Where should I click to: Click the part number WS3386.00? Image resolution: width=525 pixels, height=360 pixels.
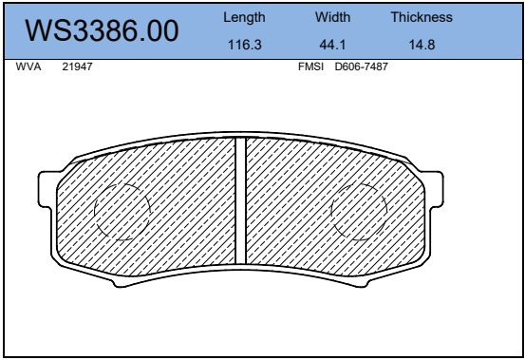click(102, 30)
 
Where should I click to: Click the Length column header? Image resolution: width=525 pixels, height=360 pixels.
click(244, 17)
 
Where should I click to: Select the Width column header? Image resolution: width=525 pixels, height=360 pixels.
click(332, 17)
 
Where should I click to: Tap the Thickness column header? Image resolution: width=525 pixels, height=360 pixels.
click(422, 17)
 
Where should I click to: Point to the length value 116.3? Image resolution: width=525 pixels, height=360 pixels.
click(244, 45)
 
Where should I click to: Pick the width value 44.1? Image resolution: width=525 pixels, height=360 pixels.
click(332, 45)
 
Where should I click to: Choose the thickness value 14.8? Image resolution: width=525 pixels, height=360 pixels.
click(422, 45)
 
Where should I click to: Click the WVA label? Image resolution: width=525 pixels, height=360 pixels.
click(28, 66)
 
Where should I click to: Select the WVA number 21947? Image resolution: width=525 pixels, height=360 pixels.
click(77, 66)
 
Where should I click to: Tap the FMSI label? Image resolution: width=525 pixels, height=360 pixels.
click(310, 66)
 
